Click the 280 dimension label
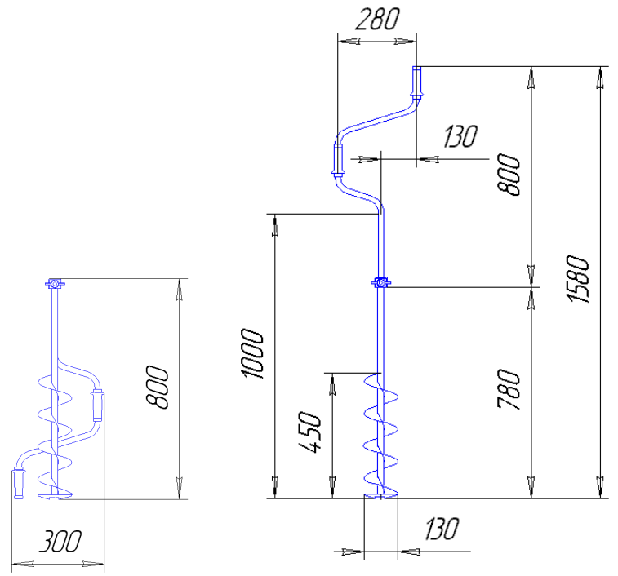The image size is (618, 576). coord(377,20)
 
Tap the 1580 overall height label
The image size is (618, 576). coord(578,279)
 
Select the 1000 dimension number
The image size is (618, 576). coord(251,353)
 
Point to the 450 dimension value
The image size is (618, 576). coord(309,432)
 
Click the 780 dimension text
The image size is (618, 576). coord(509,390)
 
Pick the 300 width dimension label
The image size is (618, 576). coord(60,541)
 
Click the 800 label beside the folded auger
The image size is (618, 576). coord(158,387)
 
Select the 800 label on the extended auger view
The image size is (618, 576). coord(509,175)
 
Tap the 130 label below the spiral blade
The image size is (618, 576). coord(442,529)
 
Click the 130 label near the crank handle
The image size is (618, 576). coord(460,136)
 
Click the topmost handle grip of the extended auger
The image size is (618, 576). coord(416,82)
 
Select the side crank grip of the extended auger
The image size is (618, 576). coord(338,160)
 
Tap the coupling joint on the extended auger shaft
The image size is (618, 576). coord(380,282)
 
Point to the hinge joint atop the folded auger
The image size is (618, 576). coord(55,283)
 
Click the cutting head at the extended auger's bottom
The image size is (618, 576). coord(380,495)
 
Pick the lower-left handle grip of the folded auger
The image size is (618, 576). coord(19,484)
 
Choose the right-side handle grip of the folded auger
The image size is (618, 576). coord(97,405)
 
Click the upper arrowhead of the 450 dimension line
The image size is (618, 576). coord(332,384)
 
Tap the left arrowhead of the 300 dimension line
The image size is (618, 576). coord(23,565)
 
